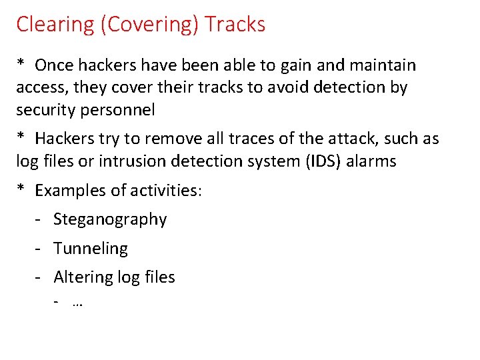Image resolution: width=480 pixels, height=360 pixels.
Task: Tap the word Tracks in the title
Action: coord(235,25)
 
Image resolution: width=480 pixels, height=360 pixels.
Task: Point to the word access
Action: coord(41,87)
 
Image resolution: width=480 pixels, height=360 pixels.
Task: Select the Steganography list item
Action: coord(110,219)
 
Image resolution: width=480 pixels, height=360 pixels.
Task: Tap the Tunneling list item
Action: coord(90,248)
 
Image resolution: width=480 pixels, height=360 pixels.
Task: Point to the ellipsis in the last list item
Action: coord(76,304)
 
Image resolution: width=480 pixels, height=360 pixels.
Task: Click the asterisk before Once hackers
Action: coord(21,65)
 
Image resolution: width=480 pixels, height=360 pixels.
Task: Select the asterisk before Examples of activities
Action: coord(21,190)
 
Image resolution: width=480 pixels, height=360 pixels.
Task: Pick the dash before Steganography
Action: coord(39,219)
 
